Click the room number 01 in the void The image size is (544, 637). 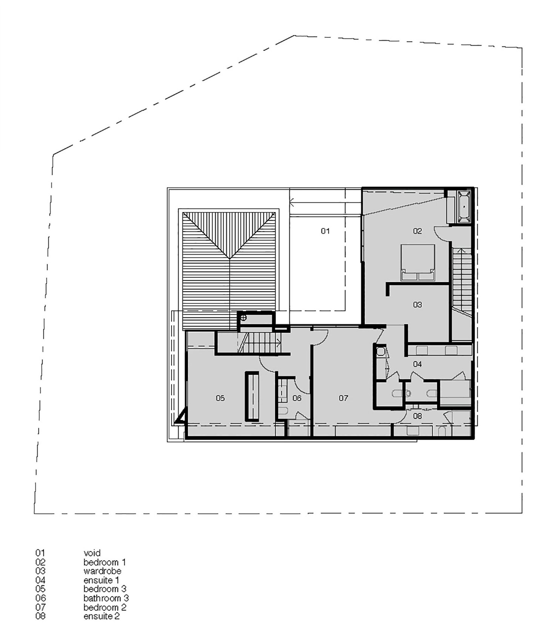tap(325, 231)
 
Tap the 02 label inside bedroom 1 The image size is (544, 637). tap(417, 231)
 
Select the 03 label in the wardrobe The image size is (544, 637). tap(417, 305)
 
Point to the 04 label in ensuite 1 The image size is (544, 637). tap(417, 364)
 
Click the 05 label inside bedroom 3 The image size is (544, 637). tap(220, 398)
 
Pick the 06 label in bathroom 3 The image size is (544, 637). tap(297, 398)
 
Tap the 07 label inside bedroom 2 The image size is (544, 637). tap(343, 398)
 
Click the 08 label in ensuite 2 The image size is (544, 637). tap(417, 416)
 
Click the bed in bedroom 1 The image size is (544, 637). tap(417, 263)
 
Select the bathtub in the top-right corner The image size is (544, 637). tap(464, 206)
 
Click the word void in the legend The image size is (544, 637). tap(92, 553)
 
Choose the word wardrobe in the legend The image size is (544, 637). tap(102, 571)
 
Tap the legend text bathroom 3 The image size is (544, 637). tap(106, 598)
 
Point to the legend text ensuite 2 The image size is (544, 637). tap(102, 616)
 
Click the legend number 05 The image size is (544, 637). tap(40, 589)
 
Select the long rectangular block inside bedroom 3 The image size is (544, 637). tap(252, 396)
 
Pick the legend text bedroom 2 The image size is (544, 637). tap(105, 607)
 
